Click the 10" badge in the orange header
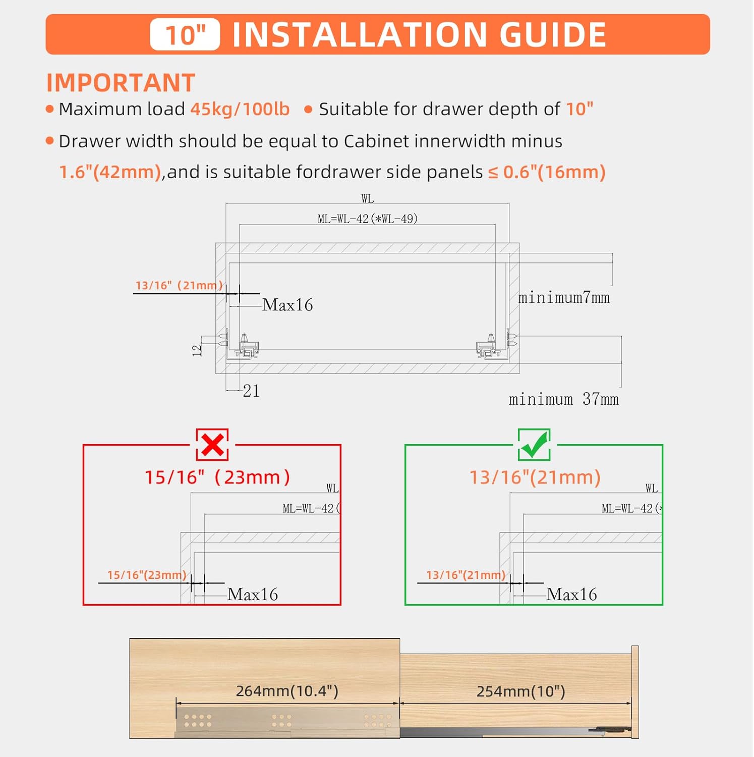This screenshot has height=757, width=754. point(185,35)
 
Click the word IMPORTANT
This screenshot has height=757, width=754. point(121,83)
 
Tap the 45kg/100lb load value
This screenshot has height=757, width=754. point(240,109)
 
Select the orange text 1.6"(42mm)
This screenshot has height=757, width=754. point(110,172)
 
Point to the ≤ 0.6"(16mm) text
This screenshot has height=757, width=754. point(547,172)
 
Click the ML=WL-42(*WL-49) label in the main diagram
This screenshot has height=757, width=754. point(367,219)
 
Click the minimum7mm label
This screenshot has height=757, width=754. point(564,298)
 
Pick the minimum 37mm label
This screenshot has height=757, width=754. point(563,399)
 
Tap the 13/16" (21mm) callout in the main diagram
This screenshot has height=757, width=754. point(179,286)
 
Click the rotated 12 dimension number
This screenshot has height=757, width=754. point(197,350)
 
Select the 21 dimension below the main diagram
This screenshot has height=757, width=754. point(251,391)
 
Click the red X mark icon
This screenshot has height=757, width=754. point(212,445)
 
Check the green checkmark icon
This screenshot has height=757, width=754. point(534,445)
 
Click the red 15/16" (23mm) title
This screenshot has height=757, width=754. point(217,477)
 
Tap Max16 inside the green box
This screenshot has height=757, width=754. point(571,594)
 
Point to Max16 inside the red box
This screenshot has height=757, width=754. point(253,594)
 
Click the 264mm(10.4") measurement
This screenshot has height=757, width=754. point(287,691)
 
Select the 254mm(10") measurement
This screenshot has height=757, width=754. point(520,691)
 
